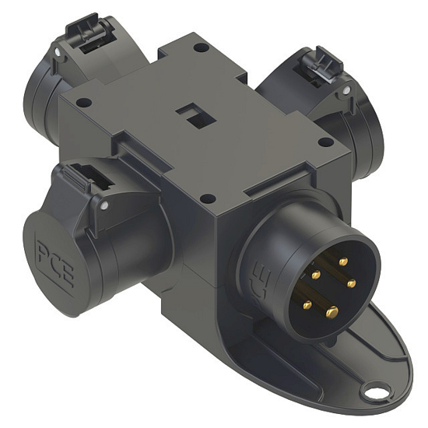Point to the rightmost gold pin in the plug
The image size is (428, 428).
352,282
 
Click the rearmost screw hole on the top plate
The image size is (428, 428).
201,47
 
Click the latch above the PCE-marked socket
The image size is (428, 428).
85,180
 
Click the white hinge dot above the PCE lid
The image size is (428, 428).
103,206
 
